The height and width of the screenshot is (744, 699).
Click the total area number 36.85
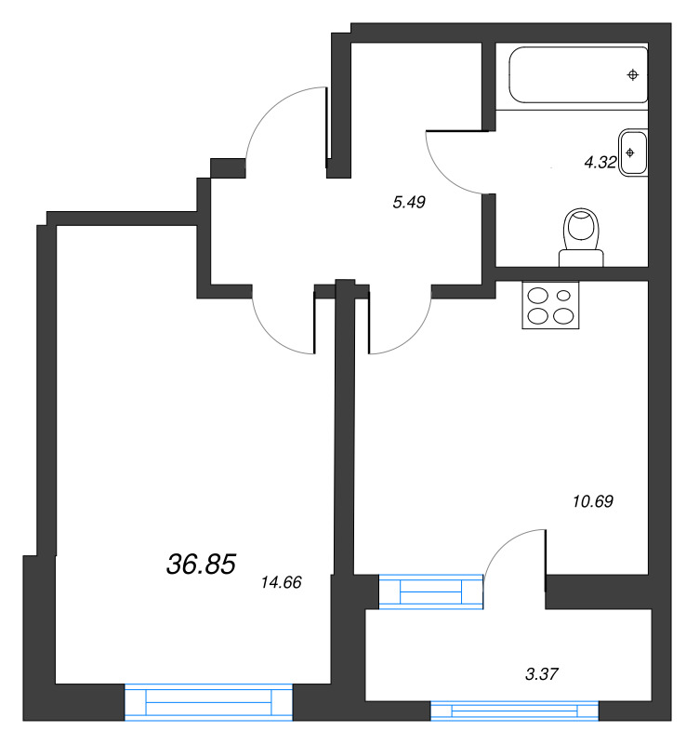[x=201, y=565]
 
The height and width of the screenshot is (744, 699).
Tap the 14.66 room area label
[x=282, y=582]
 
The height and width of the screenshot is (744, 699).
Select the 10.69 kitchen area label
[x=593, y=501]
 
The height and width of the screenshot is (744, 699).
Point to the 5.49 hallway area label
[x=409, y=202]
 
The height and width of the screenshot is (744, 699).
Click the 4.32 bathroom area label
[x=600, y=162]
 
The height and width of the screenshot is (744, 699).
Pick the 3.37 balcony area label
[x=542, y=673]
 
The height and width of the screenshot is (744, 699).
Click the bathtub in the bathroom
[x=578, y=74]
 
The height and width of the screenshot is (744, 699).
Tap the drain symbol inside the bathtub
[x=633, y=74]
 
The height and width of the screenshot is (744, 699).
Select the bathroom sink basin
[x=633, y=153]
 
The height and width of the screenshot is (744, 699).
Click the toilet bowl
[x=581, y=228]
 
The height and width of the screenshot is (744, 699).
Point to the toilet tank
[x=581, y=259]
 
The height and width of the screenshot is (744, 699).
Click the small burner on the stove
[x=563, y=296]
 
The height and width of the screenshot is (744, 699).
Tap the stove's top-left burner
[x=538, y=296]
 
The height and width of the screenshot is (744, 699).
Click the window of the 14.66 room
[x=208, y=702]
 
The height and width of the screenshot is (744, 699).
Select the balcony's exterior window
[x=515, y=711]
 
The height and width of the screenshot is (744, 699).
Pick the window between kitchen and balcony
[x=431, y=591]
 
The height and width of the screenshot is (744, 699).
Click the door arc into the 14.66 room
[x=272, y=337]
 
